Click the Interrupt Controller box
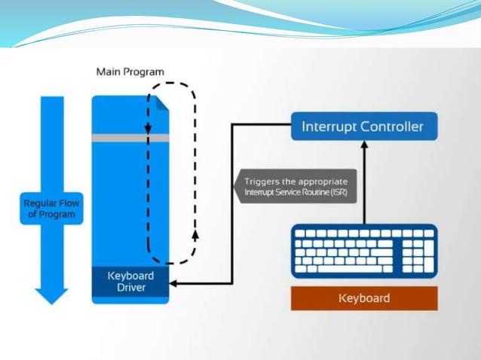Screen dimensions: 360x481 pyautogui.click(x=363, y=126)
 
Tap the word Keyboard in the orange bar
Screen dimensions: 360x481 pyautogui.click(x=364, y=298)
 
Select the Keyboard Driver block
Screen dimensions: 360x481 pyautogui.click(x=130, y=282)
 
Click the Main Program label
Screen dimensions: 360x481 pyautogui.click(x=130, y=72)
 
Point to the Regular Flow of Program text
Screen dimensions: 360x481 pyautogui.click(x=51, y=209)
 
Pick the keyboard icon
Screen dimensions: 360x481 pyautogui.click(x=363, y=250)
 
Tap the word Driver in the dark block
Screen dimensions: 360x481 pyautogui.click(x=130, y=288)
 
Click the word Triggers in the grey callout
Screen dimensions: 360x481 pyautogui.click(x=262, y=182)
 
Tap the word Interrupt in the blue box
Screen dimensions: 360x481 pyautogui.click(x=328, y=126)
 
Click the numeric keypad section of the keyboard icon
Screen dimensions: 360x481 pyautogui.click(x=418, y=250)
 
